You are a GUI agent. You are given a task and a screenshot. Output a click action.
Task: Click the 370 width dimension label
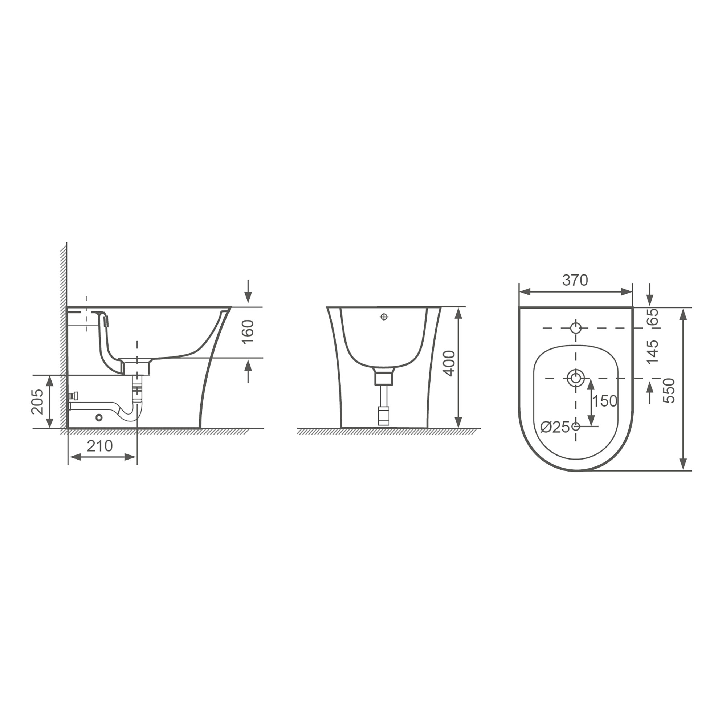pos(575,280)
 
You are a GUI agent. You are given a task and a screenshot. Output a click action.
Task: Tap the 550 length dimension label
pos(669,391)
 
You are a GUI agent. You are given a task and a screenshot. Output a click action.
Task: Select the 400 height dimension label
pos(449,363)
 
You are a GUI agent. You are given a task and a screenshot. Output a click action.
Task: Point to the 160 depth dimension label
pos(248,331)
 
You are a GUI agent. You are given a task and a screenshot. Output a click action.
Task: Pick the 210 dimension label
pos(99,446)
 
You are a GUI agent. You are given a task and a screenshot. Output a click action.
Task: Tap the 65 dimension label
pos(653,317)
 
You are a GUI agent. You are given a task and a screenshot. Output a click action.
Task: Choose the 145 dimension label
pos(653,352)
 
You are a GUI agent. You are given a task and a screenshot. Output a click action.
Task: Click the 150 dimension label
pos(605,401)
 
